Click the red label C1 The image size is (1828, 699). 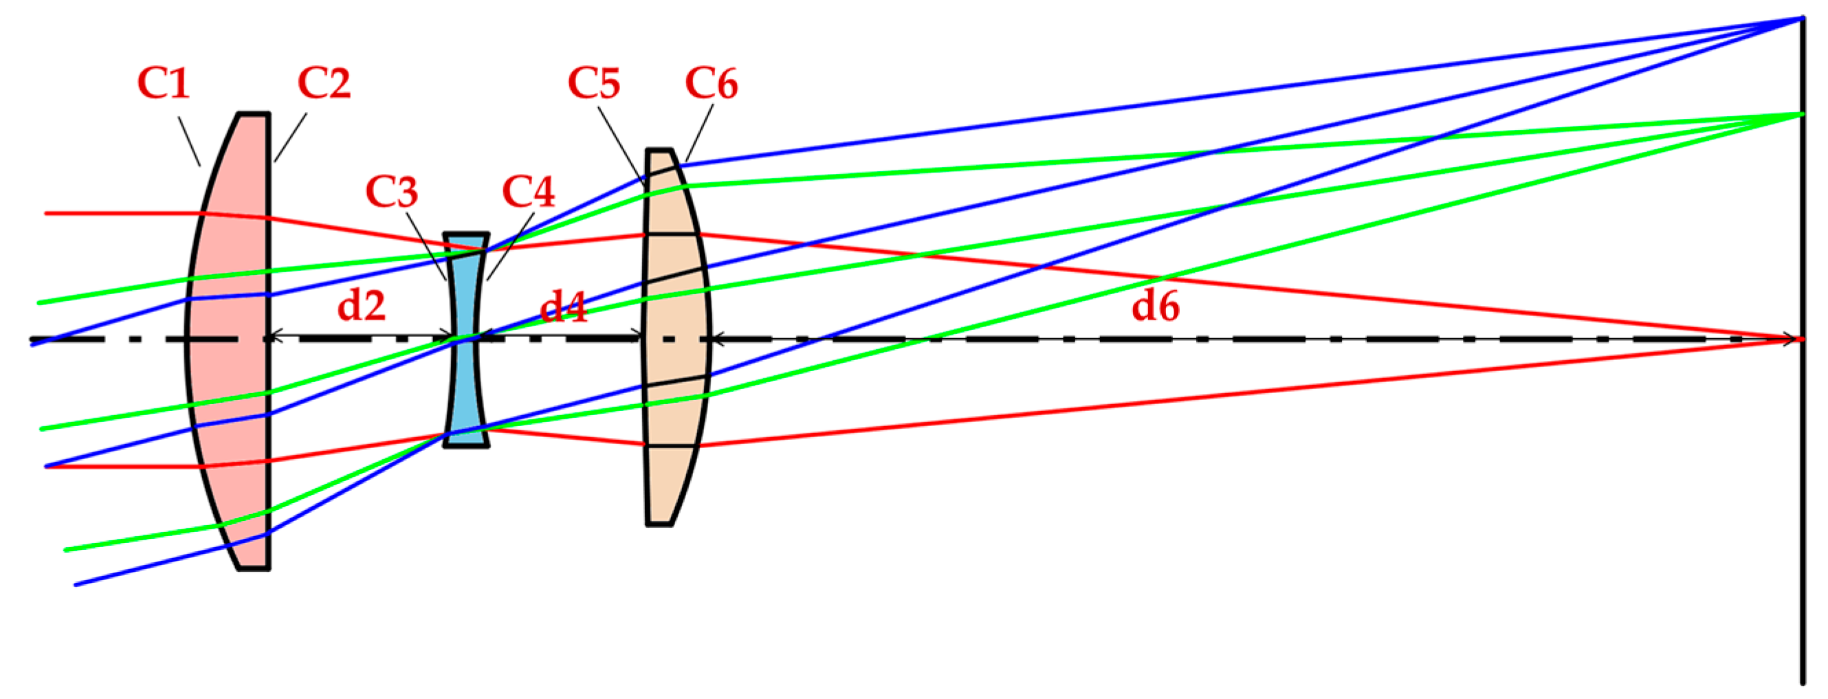163,83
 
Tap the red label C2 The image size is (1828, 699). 324,83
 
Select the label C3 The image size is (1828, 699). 392,192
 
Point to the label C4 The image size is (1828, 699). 528,192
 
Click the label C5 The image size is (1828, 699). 594,83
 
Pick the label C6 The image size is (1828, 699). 711,83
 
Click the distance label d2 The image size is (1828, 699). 361,306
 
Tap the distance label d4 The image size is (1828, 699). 564,307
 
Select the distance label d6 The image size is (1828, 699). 1155,306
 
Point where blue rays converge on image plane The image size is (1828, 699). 1803,18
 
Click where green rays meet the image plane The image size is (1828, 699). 1803,114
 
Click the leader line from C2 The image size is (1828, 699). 290,137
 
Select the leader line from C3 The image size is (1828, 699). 426,245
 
